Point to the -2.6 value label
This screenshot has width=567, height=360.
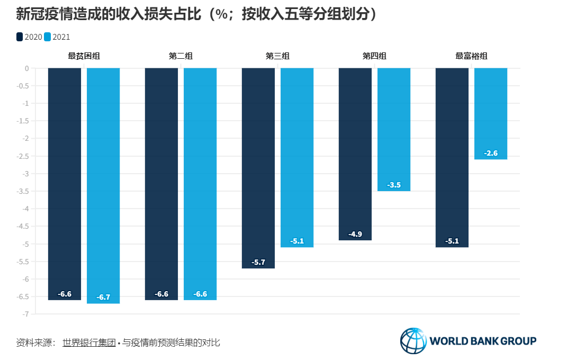point(491,153)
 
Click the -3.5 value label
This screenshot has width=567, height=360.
point(394,185)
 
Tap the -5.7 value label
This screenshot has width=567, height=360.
point(258,262)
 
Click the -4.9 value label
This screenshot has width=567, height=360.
point(355,234)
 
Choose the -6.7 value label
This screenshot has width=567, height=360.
point(103,297)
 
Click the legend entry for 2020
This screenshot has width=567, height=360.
point(29,37)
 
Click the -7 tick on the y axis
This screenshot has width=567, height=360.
point(25,314)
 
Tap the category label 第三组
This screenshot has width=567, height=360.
point(277,56)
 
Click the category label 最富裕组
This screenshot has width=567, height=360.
point(471,56)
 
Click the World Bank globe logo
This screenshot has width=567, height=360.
point(413,340)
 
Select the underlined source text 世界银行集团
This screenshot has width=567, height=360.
point(88,343)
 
